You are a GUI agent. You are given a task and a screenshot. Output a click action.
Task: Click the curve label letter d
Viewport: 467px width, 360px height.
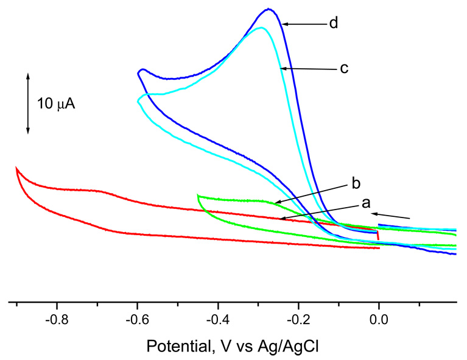333,23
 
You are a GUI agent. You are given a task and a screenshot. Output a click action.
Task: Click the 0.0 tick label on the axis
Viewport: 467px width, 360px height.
379,318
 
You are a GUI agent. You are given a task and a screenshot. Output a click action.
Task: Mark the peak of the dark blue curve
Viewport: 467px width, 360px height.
268,9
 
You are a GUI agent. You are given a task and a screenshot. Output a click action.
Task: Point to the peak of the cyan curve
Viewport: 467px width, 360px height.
261,27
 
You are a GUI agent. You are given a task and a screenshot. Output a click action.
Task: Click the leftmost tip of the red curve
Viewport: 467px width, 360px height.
16,167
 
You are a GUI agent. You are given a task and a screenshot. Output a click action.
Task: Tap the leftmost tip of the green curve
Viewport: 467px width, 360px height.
198,196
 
